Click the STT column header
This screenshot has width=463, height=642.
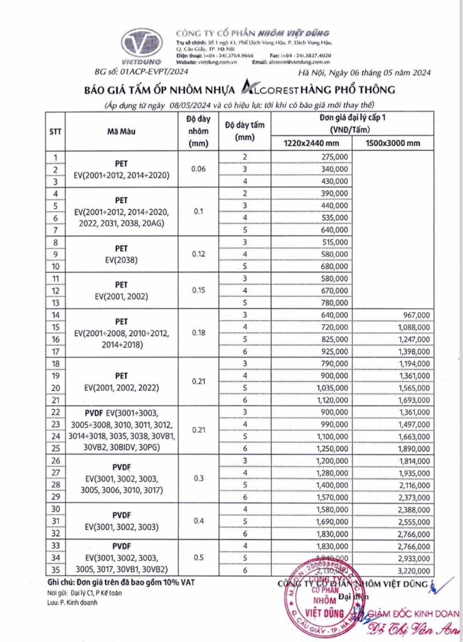[x=55, y=132]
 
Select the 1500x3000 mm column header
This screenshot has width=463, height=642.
[x=393, y=144]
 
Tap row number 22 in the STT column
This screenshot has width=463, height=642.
[x=56, y=411]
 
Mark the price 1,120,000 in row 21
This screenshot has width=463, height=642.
[x=333, y=399]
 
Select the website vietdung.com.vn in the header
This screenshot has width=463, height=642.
[x=217, y=63]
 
